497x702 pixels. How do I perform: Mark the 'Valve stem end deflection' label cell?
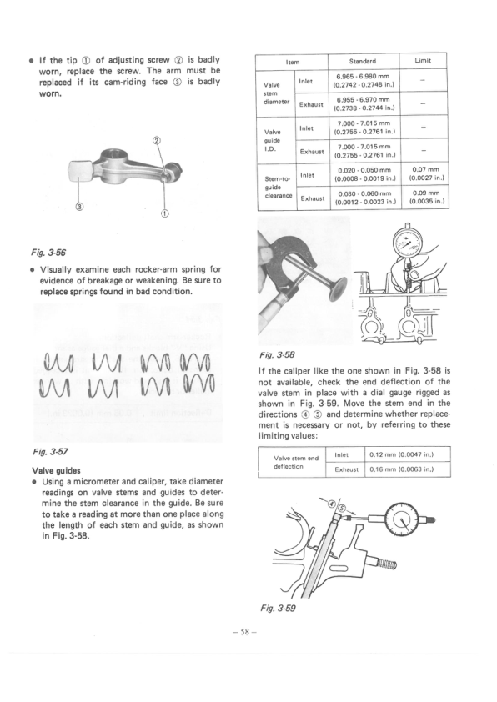click(x=296, y=461)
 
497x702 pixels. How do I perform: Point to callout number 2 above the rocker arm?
click(x=157, y=140)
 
